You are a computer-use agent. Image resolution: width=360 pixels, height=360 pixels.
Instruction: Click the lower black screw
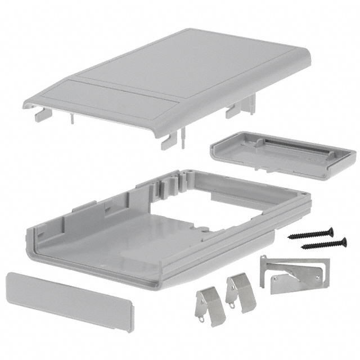[x=324, y=244]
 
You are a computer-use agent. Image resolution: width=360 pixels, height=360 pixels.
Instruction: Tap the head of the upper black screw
[x=331, y=229]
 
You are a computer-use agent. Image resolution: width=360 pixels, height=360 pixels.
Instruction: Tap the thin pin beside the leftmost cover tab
[x=71, y=119]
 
